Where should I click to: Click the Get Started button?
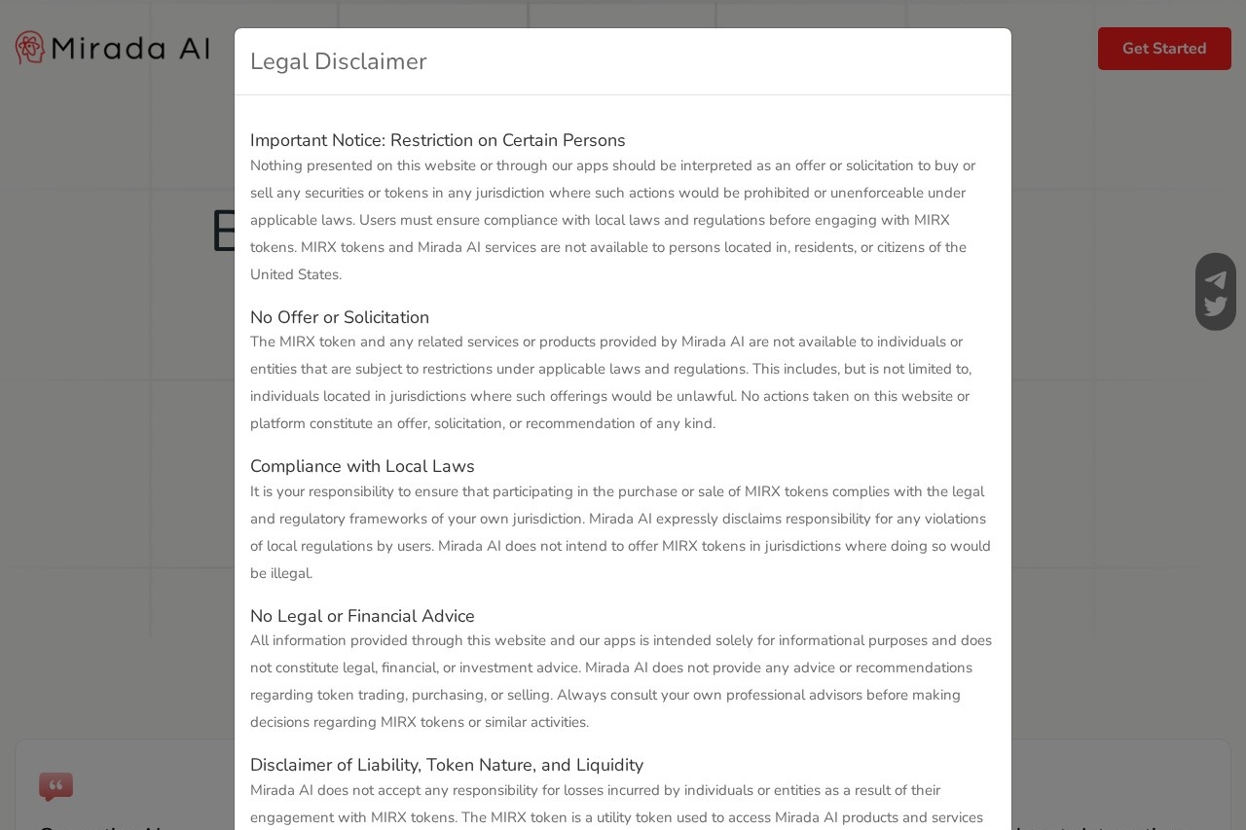[1164, 49]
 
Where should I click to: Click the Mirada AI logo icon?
[30, 48]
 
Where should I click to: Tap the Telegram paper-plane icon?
[1216, 280]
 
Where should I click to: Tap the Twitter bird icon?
[1216, 307]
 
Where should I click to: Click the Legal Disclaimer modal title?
[338, 61]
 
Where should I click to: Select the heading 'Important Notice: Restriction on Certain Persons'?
[437, 140]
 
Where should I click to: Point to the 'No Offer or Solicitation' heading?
[339, 317]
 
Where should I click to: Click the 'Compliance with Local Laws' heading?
[362, 466]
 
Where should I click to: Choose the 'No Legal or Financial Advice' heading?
[362, 616]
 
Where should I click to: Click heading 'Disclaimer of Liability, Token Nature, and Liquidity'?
[446, 765]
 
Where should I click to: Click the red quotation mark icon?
[55, 786]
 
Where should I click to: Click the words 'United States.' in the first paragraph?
[296, 274]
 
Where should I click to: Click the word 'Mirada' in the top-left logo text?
[106, 49]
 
